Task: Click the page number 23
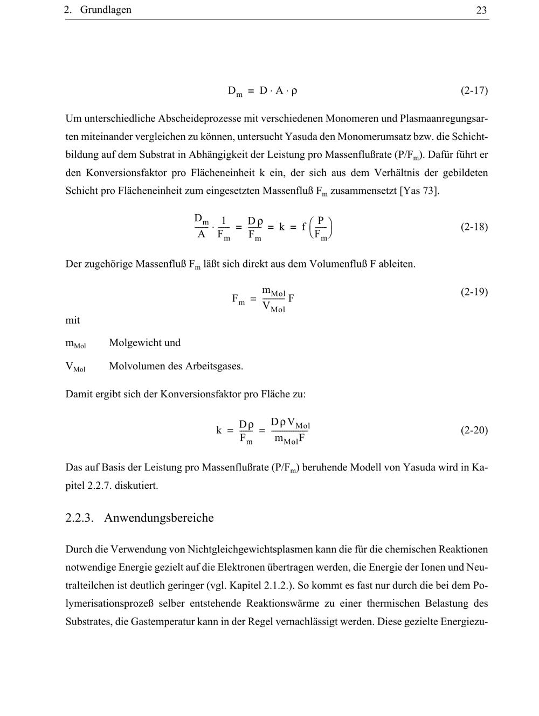481,10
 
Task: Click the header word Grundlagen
106,10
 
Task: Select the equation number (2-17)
474,90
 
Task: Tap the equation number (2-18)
474,227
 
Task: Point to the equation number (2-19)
474,292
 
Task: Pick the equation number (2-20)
474,430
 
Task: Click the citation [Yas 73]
419,191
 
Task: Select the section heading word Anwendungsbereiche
158,518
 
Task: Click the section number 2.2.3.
80,518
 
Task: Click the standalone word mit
73,320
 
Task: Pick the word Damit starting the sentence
80,394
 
